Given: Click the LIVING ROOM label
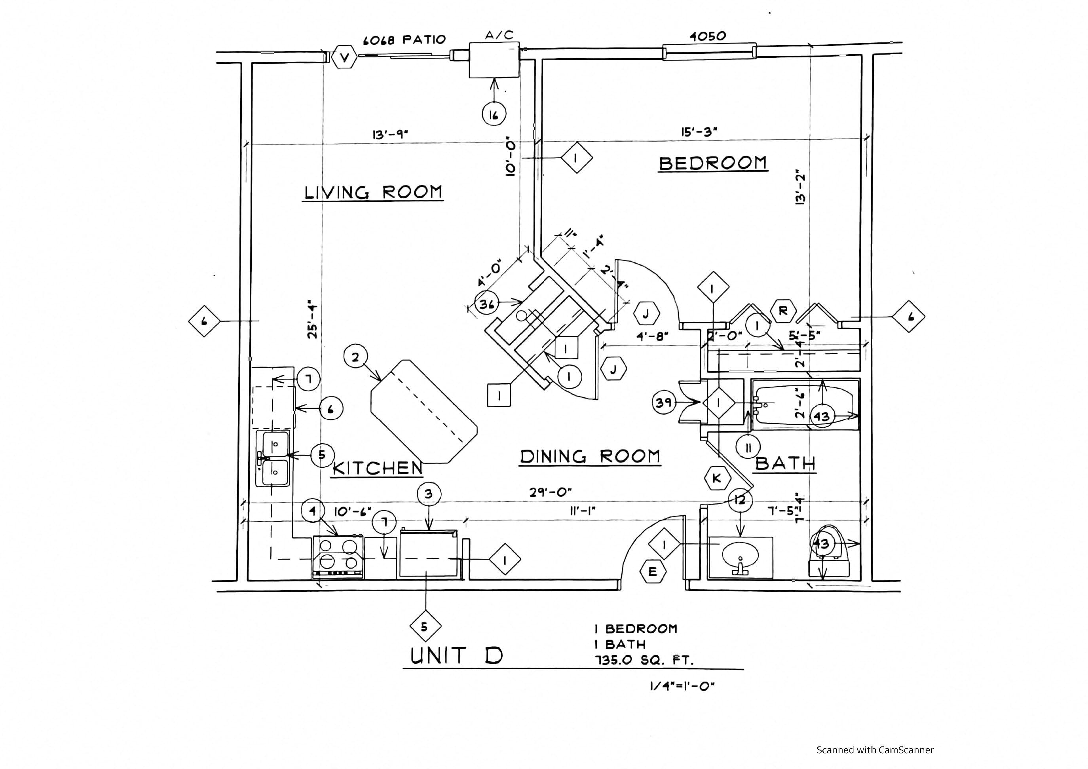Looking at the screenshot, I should tap(373, 192).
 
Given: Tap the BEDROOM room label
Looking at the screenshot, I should tap(713, 163).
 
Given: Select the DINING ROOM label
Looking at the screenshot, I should tap(590, 456).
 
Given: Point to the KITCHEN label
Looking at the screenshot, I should tap(377, 468).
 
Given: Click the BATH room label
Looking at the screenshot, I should tap(785, 463).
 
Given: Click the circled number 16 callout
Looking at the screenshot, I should tap(494, 114).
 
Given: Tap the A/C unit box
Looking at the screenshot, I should tap(494, 60).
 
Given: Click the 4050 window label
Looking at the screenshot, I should tap(708, 36).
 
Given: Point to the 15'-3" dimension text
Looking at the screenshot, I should tap(699, 132).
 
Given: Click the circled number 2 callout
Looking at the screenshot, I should tap(355, 357).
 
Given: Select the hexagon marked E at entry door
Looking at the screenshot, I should tap(653, 572).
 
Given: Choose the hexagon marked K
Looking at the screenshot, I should tap(716, 478).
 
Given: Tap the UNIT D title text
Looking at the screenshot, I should tap(456, 656).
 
